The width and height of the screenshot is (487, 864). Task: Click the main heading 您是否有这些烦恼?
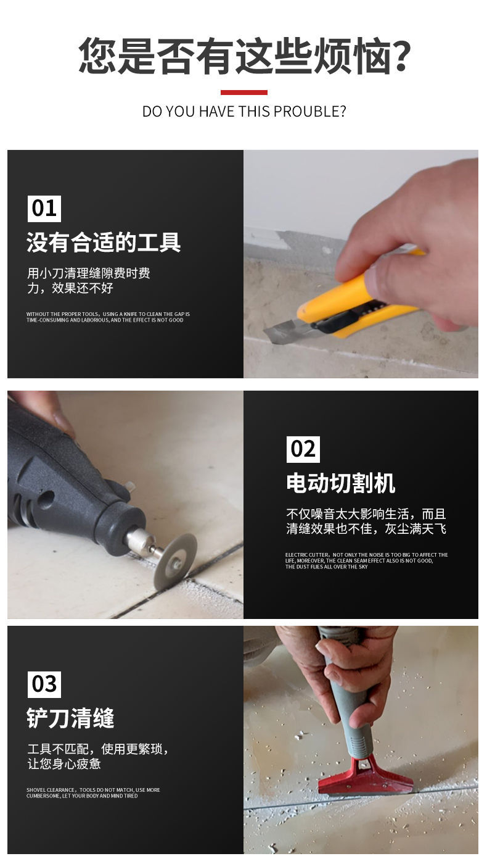[244, 56]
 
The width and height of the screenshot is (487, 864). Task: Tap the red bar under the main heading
[244, 93]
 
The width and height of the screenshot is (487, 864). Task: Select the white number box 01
[44, 208]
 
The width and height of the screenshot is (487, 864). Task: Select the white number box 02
[303, 449]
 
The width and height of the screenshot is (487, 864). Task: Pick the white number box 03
[44, 684]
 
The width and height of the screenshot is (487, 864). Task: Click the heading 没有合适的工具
[104, 242]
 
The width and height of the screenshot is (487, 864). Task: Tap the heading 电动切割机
[340, 483]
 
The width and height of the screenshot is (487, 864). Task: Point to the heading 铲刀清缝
[70, 718]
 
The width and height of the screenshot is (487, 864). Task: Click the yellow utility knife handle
[345, 302]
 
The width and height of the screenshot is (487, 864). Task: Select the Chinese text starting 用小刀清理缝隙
[88, 280]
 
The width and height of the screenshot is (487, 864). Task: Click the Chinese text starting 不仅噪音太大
[366, 521]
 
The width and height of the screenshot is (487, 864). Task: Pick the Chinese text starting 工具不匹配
[97, 756]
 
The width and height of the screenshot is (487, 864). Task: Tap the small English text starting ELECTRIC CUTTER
[366, 560]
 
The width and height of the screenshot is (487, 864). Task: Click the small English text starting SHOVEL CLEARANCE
[93, 793]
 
